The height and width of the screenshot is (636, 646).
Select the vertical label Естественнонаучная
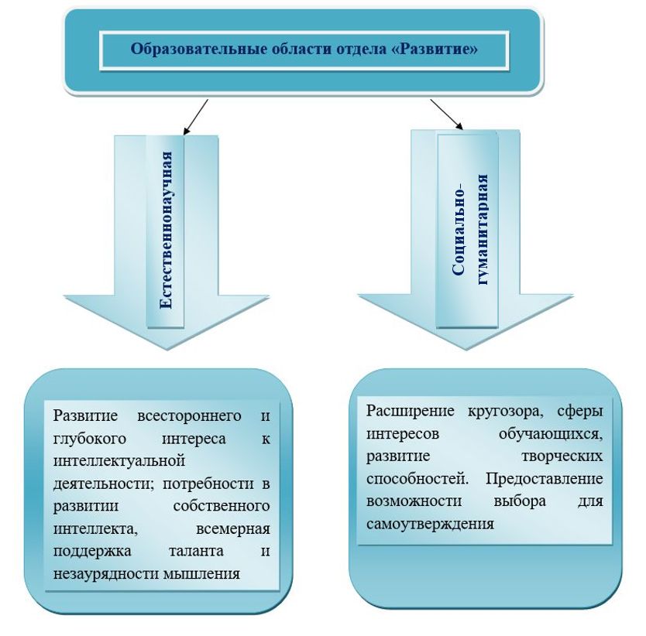tap(166, 231)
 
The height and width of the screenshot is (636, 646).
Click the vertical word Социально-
tap(459, 228)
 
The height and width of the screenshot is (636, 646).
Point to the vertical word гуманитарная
tap(482, 229)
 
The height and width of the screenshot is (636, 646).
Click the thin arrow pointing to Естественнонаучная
tap(196, 117)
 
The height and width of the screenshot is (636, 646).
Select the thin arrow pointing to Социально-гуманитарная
tap(447, 115)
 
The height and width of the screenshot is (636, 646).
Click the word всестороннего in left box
tap(189, 416)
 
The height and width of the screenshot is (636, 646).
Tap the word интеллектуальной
tap(119, 461)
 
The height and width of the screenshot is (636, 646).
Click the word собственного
tap(222, 506)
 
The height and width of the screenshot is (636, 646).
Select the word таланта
tap(196, 551)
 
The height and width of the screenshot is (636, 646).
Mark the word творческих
tap(562, 456)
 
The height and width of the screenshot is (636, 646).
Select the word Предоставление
tap(545, 479)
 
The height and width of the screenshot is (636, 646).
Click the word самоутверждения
tap(430, 525)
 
